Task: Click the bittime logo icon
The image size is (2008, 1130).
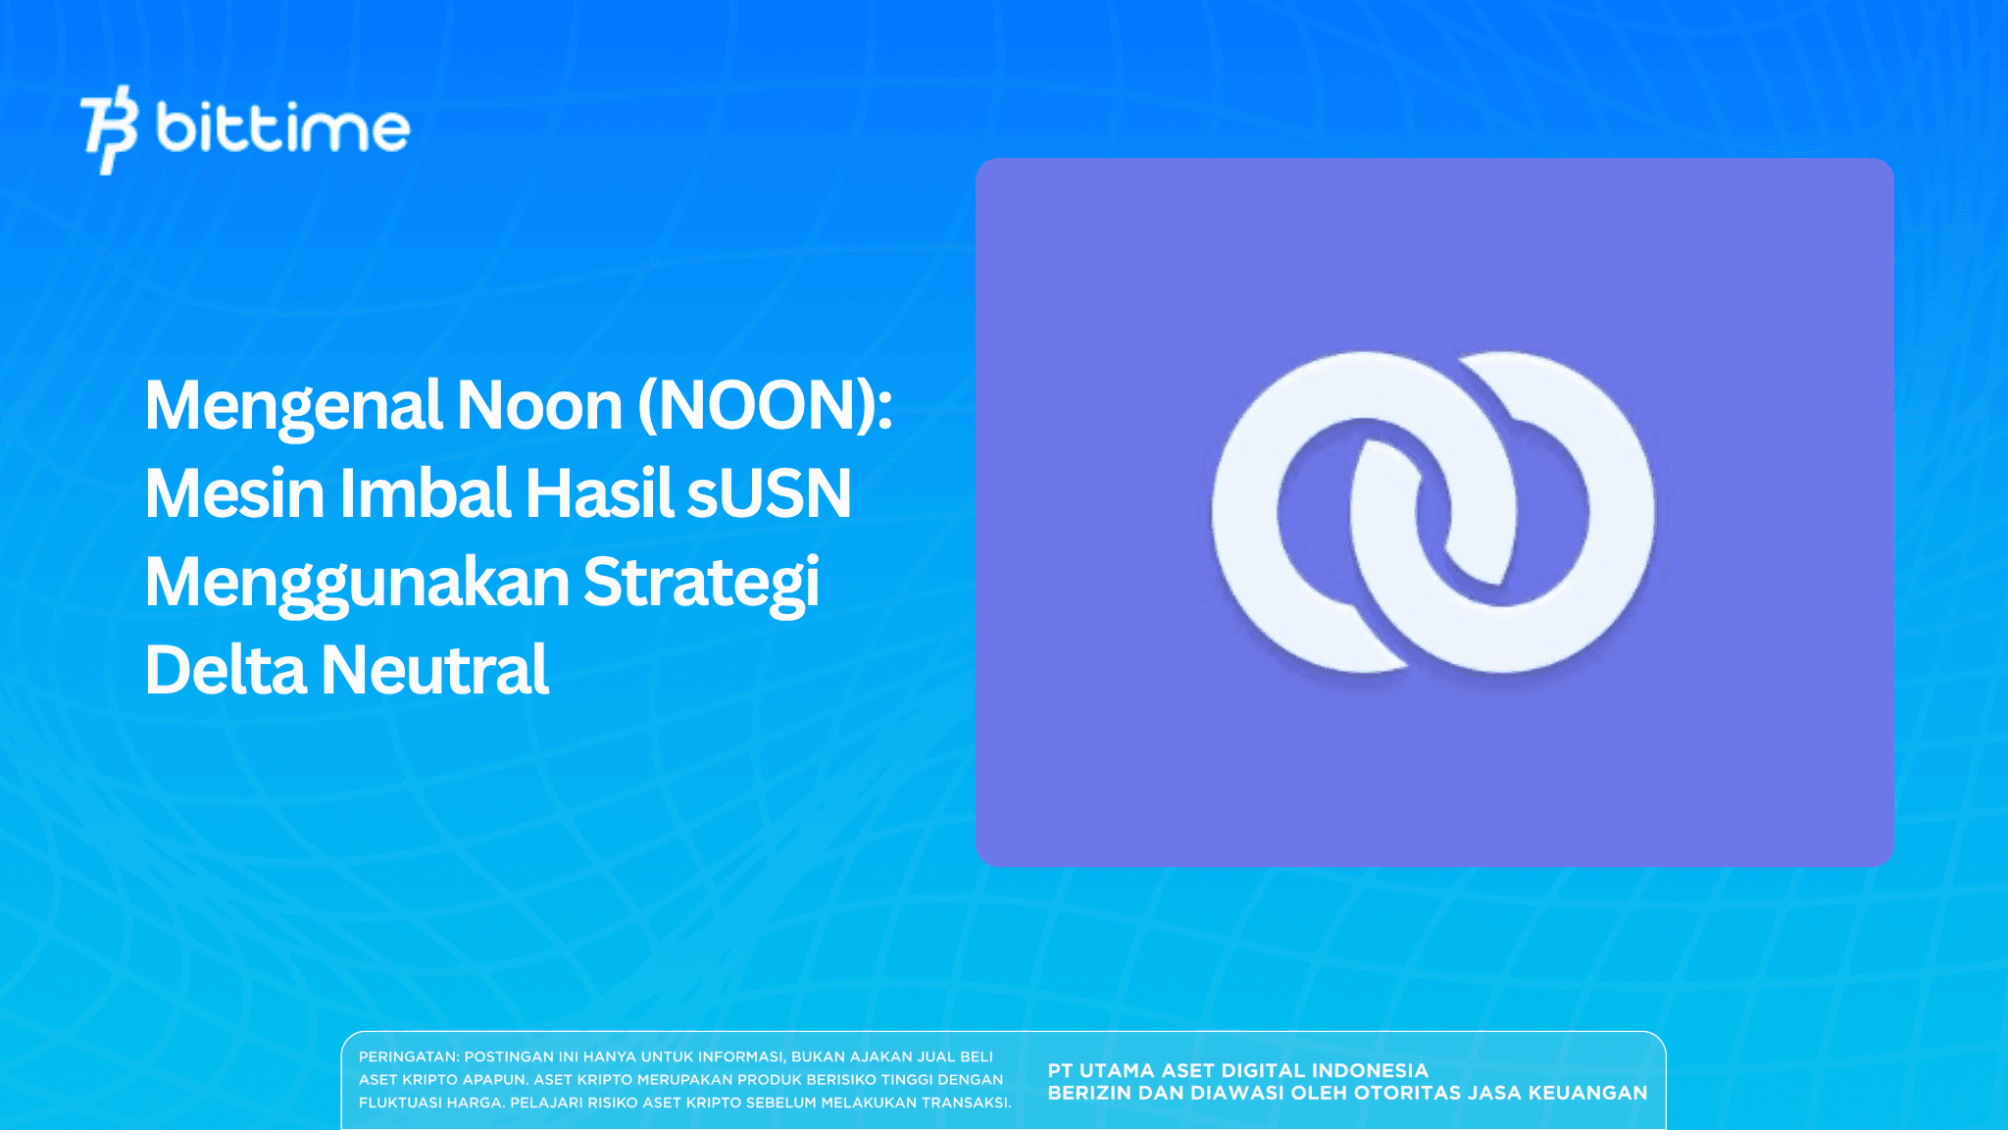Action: point(109,129)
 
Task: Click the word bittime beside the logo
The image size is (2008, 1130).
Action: point(282,128)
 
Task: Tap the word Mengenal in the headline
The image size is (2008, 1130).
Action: point(293,406)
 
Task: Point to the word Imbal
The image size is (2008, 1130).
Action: point(425,493)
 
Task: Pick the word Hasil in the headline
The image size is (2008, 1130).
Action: point(598,493)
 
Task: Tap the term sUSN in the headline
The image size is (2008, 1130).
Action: point(769,493)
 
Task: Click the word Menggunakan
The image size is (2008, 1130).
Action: point(357,583)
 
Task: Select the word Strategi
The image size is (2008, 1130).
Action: point(702,583)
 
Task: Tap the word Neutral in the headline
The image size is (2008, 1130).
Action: point(435,671)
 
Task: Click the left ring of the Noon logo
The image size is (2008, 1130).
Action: point(1265,549)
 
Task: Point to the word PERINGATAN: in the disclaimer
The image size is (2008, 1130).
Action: point(408,1057)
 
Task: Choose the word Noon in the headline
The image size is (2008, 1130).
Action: point(540,406)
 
